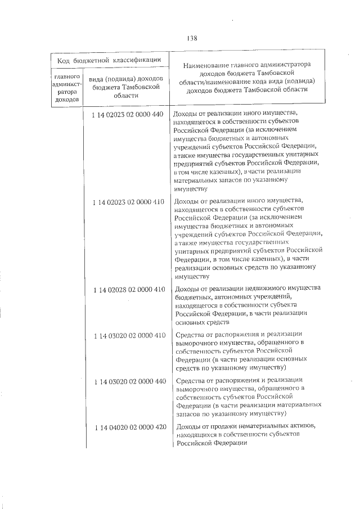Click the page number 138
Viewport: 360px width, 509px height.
tap(191, 38)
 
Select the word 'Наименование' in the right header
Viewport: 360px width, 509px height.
tap(207, 65)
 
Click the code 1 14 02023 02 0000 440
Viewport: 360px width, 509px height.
tap(129, 114)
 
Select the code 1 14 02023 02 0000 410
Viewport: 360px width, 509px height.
tap(129, 201)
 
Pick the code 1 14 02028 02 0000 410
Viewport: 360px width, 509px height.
tap(129, 289)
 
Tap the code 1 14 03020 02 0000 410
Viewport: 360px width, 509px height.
tap(129, 335)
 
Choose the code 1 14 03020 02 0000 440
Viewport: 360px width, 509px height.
tap(129, 381)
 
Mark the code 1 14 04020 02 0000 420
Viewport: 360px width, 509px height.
tap(129, 427)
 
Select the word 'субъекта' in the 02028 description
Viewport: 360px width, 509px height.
tap(305, 306)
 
